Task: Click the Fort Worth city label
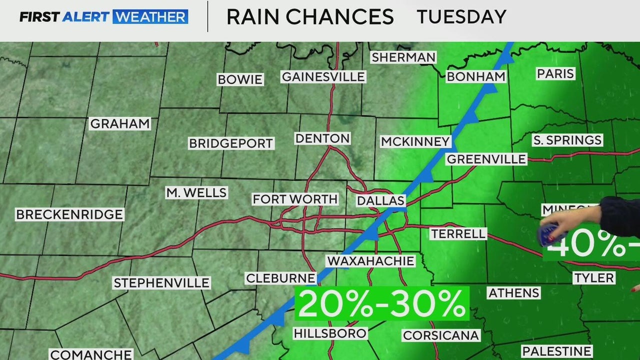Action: tap(295, 199)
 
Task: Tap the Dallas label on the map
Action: tap(380, 201)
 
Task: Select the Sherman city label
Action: tap(403, 57)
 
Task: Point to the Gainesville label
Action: tap(323, 76)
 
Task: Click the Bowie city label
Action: tap(240, 79)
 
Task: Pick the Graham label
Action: tap(119, 123)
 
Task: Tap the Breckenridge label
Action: tap(69, 214)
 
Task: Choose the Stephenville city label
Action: tap(161, 283)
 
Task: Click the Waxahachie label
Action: tap(370, 260)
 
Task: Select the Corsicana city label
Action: tap(441, 335)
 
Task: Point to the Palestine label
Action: tap(556, 351)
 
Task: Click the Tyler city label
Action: tap(594, 278)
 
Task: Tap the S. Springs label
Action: tap(567, 140)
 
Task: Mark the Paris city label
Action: tap(555, 74)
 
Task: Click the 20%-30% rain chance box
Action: tap(382, 303)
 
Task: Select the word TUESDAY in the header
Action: tap(461, 17)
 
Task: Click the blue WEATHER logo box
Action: tap(150, 17)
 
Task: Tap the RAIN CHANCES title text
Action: tap(310, 17)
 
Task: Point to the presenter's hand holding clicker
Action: tap(555, 229)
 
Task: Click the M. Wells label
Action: tap(196, 192)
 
